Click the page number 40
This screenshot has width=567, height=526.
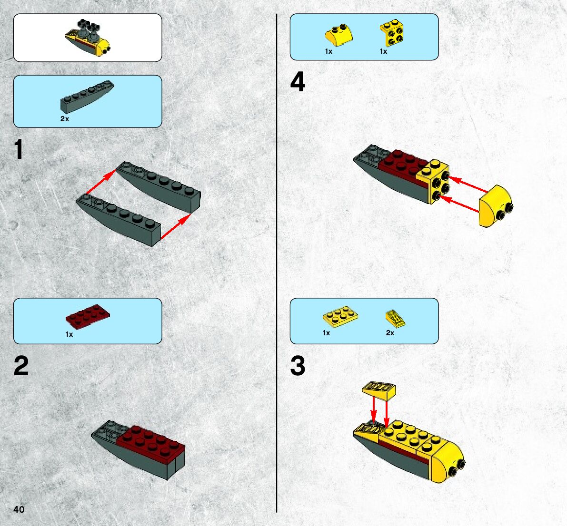coord(19,509)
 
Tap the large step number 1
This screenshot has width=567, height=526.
coord(19,149)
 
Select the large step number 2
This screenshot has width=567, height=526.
coord(21,366)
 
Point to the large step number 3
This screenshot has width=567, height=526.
coord(298,366)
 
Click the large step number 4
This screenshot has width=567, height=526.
coord(298,82)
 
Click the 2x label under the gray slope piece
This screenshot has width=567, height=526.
coord(65,119)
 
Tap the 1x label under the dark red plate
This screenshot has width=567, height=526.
coord(69,334)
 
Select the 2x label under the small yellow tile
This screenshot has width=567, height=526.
coord(390,333)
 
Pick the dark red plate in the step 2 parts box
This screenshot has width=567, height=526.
coord(88,316)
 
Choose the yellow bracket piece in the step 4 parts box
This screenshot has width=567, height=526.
coord(392,33)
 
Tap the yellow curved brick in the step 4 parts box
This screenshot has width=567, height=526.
coord(339,35)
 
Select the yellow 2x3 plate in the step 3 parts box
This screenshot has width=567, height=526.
coord(340,316)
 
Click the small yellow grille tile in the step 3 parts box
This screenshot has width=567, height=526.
coord(395,319)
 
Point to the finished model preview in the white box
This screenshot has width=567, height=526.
coord(88,38)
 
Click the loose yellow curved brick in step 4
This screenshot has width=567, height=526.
coord(496,206)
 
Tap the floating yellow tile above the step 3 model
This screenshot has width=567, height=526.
coord(379,391)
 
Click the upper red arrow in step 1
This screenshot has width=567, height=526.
coord(101,182)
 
